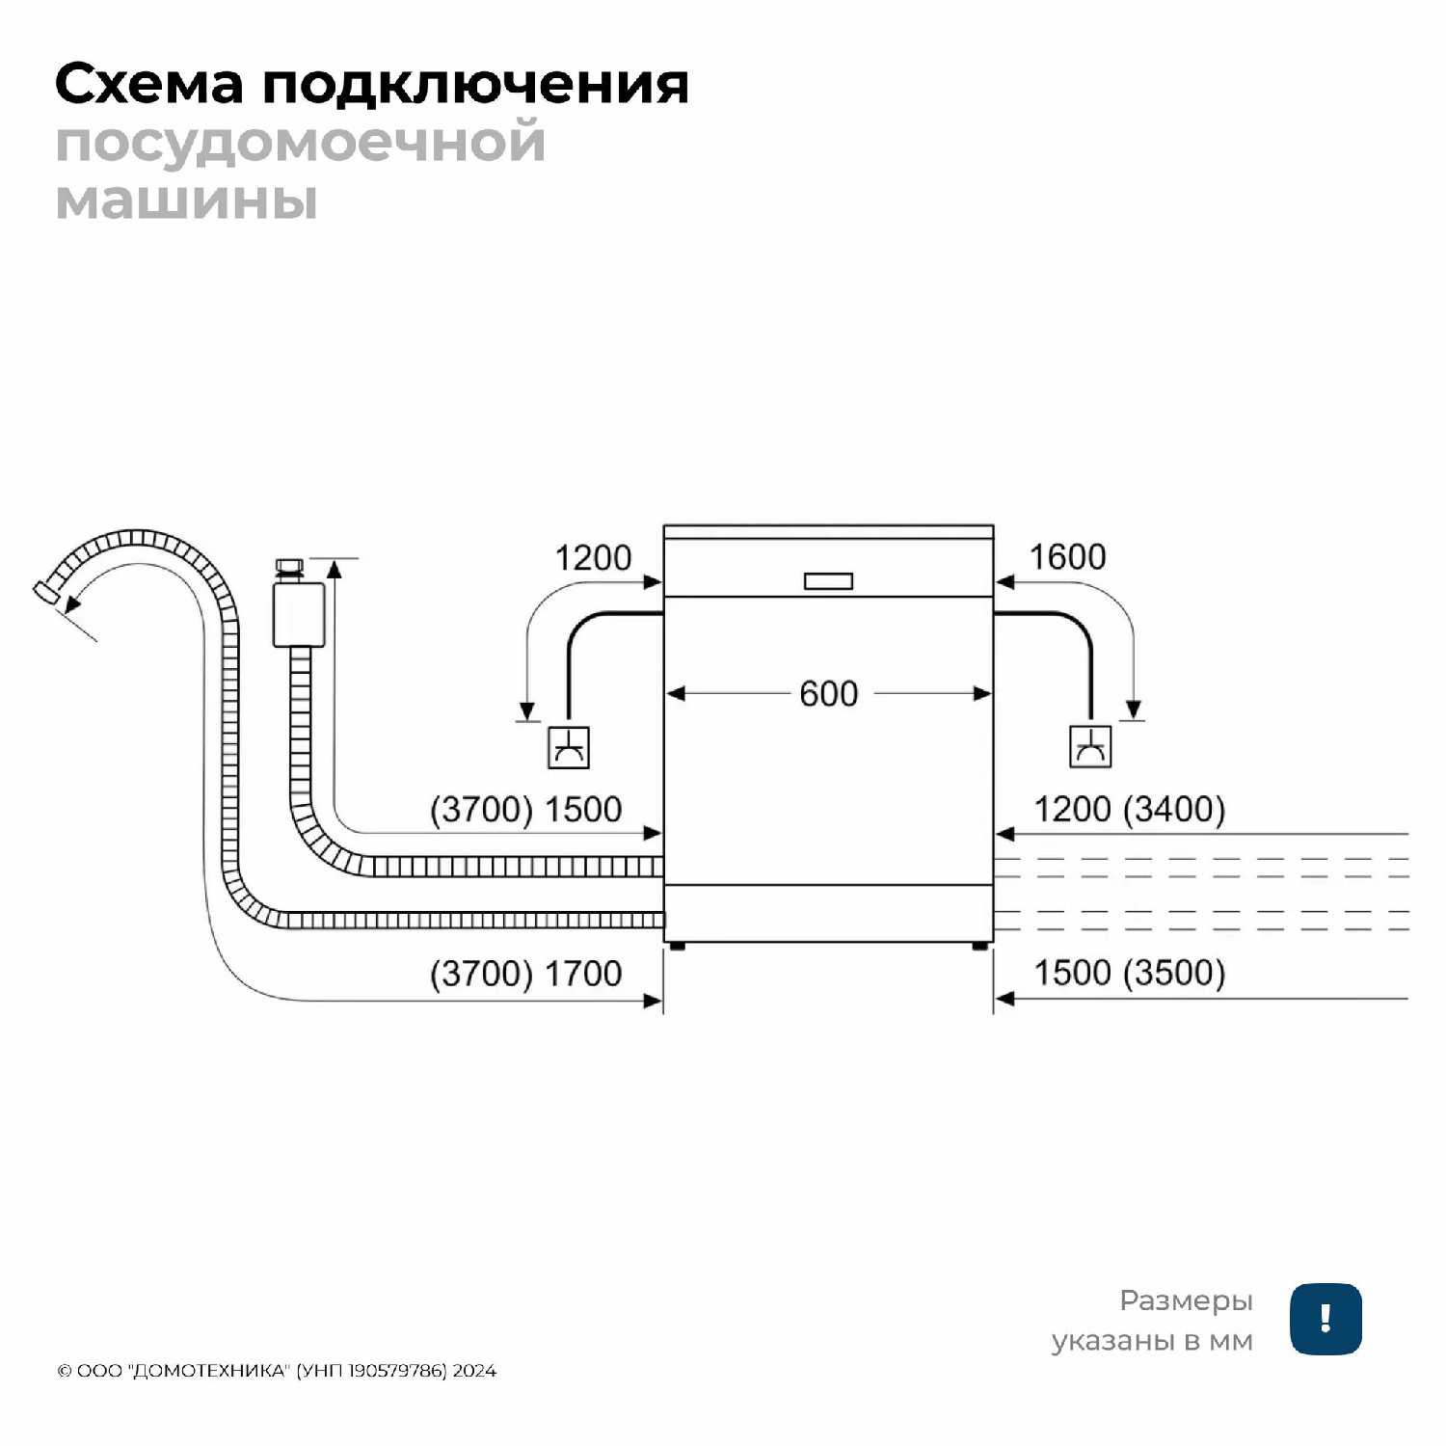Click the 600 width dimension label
tap(828, 693)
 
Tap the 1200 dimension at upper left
tap(593, 557)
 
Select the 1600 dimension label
tap(1067, 556)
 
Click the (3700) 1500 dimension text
tap(525, 809)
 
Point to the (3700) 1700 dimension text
tap(525, 973)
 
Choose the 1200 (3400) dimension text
tap(1129, 809)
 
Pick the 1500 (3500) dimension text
tap(1129, 973)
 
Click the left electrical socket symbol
tap(569, 747)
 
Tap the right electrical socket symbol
tap(1090, 746)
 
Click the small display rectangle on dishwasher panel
tap(828, 581)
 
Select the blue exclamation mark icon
tap(1325, 1319)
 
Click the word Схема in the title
tap(149, 85)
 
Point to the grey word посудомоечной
tap(301, 144)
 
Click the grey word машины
tap(186, 201)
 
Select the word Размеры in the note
tap(1186, 1301)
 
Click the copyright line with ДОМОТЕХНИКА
tap(277, 1371)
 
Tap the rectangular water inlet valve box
tap(299, 614)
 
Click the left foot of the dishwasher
tap(677, 947)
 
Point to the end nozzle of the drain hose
tap(46, 592)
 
